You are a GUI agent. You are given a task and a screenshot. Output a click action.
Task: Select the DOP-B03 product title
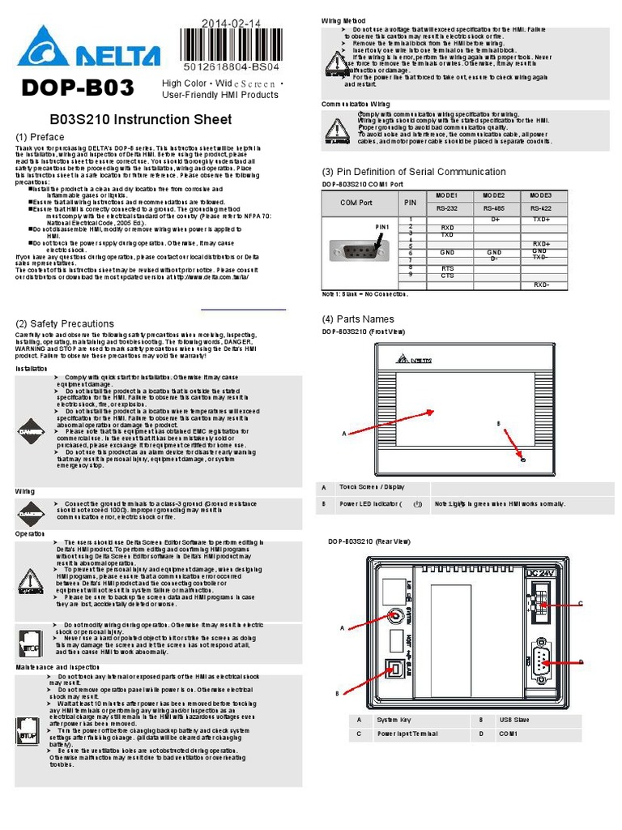(79, 88)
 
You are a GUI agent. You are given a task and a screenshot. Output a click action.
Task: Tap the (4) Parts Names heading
(359, 319)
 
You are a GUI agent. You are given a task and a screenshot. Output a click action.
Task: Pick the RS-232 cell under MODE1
(447, 208)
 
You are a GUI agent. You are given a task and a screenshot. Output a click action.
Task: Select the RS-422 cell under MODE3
(541, 208)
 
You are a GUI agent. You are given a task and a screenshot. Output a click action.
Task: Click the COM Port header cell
(356, 202)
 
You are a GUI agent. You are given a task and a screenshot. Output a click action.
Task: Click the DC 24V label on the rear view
(543, 574)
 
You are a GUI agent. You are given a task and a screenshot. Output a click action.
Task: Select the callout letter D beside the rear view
(581, 661)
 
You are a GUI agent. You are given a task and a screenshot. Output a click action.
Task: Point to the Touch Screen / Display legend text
(372, 487)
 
